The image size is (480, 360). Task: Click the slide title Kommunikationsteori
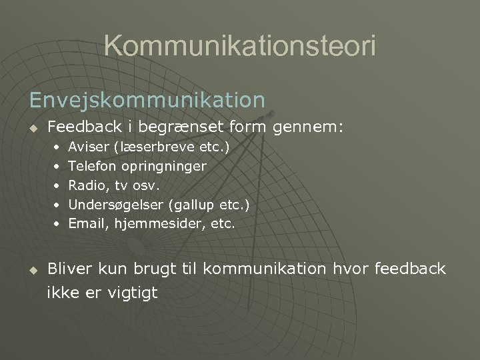[x=240, y=47]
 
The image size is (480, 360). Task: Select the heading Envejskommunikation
[x=147, y=99]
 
